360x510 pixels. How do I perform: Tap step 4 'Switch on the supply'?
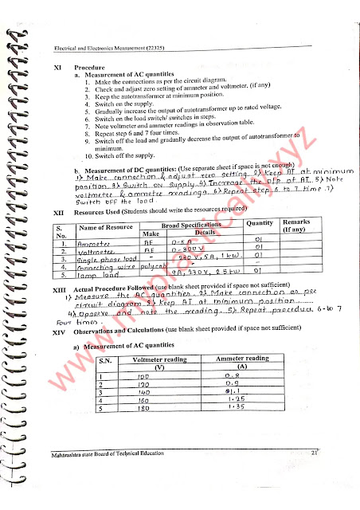coord(119,104)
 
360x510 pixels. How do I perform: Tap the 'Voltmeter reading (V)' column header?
coord(152,363)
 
